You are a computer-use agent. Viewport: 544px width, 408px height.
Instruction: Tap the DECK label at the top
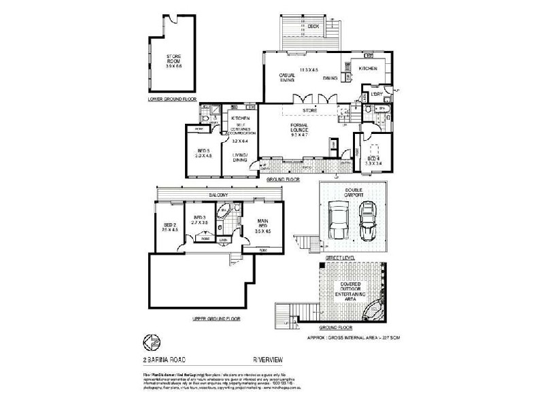point(313,27)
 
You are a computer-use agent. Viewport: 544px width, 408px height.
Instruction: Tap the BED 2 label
point(170,227)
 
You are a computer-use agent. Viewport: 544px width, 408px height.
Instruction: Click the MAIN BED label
point(262,227)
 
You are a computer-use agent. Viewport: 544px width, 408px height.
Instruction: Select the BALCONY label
point(218,195)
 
